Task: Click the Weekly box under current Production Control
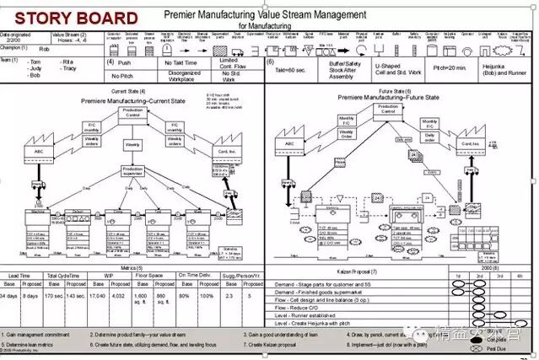132,144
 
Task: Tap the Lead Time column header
21,275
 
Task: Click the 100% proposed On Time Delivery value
207,296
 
